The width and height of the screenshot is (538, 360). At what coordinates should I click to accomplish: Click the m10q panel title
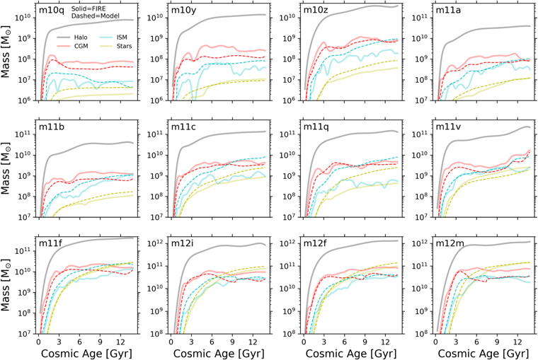[51, 10]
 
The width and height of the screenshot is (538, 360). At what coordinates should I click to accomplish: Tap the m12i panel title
[183, 243]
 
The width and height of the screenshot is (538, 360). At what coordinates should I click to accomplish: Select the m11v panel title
[448, 127]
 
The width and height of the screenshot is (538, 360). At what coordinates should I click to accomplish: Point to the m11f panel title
[50, 243]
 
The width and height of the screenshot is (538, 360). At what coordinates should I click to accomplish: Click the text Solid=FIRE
[88, 8]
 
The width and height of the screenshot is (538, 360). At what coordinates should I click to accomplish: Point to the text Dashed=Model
[96, 16]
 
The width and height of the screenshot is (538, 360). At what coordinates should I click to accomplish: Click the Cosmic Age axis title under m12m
[483, 354]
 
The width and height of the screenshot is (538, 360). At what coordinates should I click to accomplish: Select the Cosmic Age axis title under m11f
[86, 354]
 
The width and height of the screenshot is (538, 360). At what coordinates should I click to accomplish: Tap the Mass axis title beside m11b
[6, 169]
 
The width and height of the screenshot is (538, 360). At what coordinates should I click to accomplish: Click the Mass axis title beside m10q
[6, 52]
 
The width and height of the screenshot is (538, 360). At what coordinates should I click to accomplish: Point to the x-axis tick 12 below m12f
[385, 342]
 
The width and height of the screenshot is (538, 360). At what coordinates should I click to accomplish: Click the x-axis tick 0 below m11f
[38, 342]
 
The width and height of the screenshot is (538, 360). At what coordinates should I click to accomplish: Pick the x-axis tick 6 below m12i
[212, 342]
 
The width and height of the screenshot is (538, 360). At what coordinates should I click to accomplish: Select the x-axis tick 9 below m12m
[497, 342]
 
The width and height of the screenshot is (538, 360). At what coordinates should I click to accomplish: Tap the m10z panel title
[316, 10]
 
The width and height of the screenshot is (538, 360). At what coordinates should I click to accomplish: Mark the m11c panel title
[183, 127]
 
